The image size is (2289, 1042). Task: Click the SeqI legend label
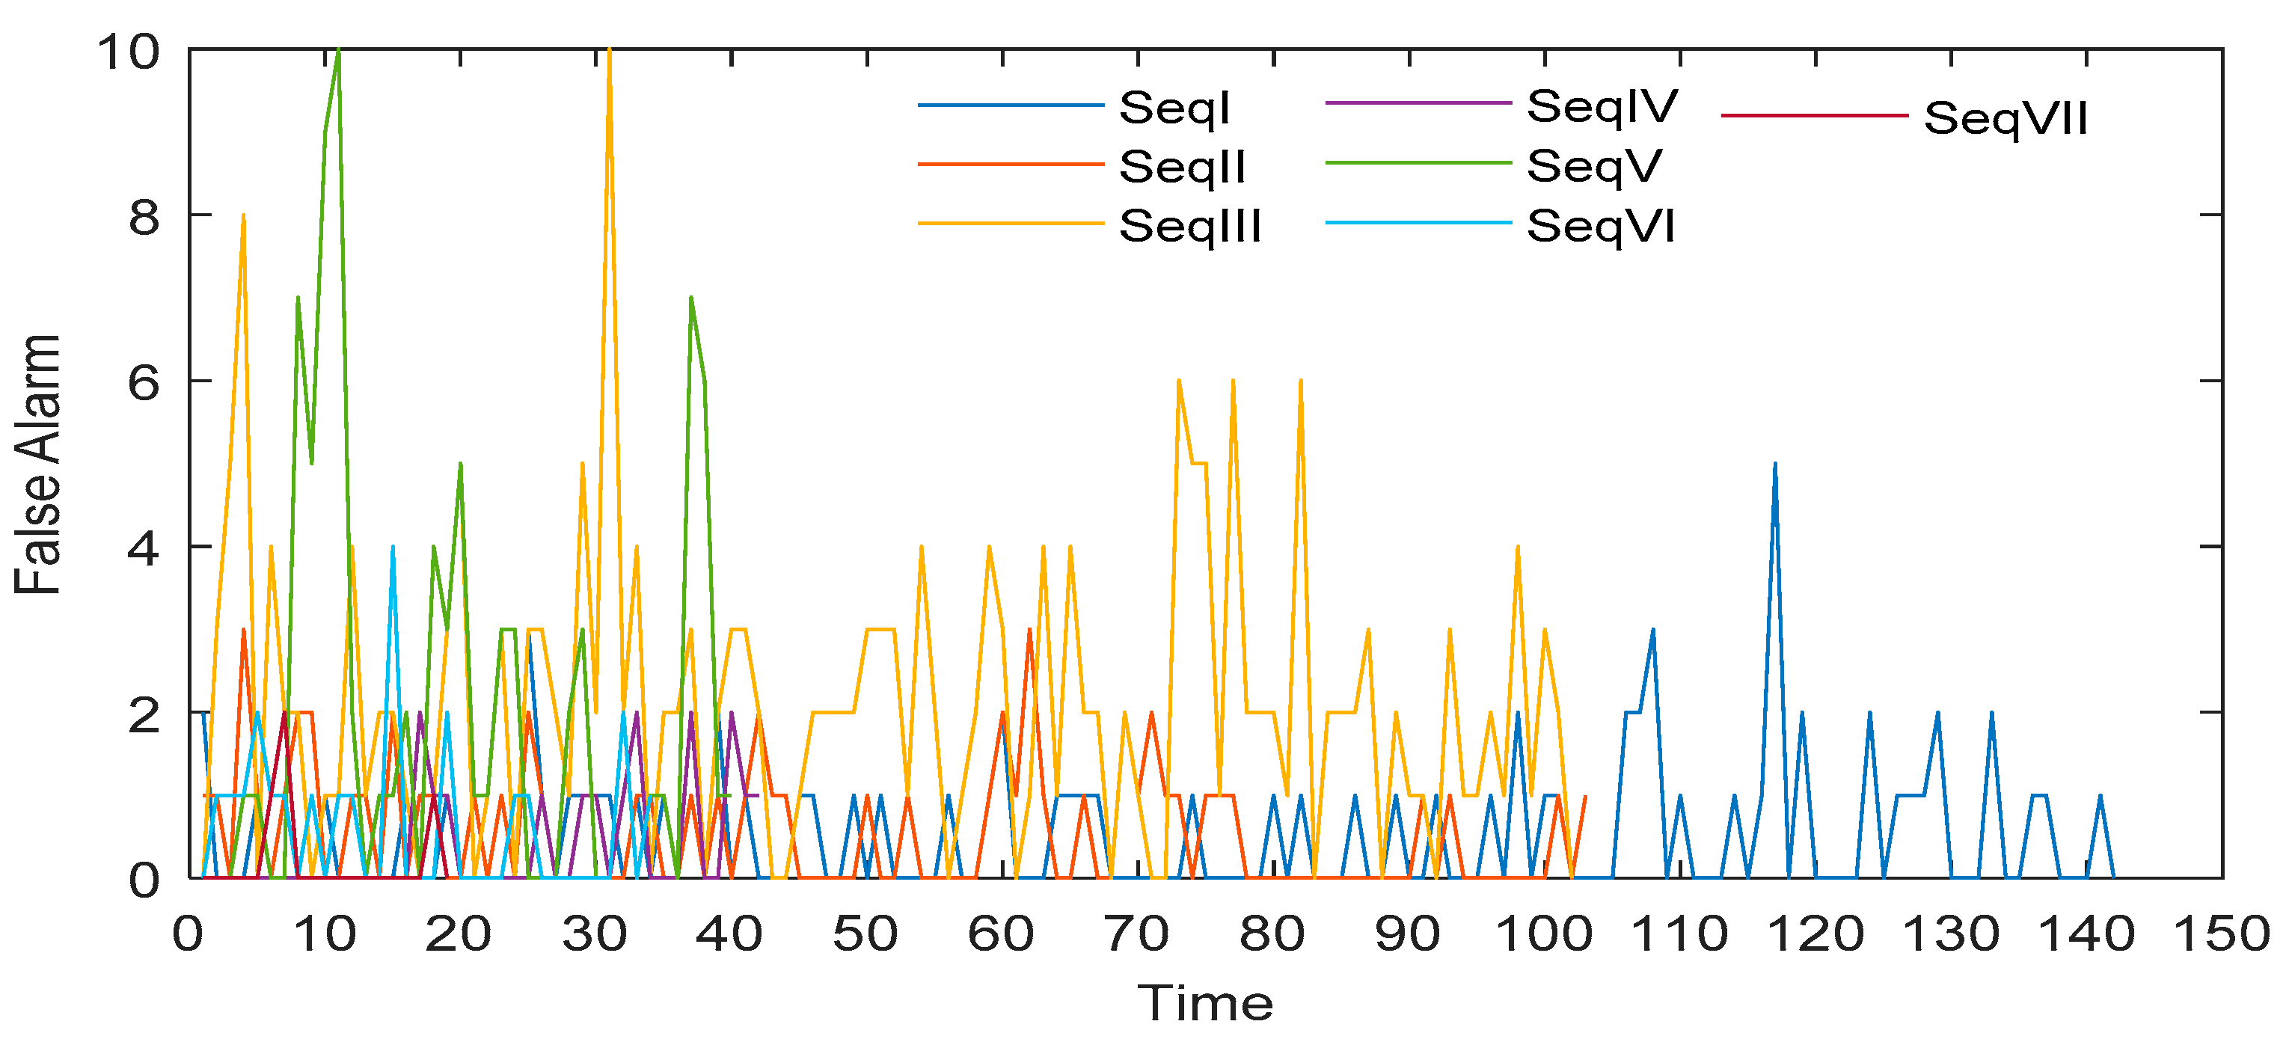click(1174, 108)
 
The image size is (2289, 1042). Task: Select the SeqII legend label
click(1182, 167)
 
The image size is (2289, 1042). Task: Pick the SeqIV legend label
click(1602, 107)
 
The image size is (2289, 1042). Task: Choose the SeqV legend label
click(1594, 167)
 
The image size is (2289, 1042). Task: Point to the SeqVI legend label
click(1600, 226)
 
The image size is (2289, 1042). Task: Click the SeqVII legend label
click(2005, 118)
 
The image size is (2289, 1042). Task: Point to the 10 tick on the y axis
click(129, 51)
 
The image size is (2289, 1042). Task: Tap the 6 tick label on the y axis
click(144, 382)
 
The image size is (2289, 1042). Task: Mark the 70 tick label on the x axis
click(1137, 934)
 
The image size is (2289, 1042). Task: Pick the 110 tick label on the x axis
click(1679, 934)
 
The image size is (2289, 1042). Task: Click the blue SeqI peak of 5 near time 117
click(1774, 465)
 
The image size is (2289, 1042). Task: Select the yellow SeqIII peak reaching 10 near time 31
click(609, 52)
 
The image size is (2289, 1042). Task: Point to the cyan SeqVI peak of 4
click(393, 548)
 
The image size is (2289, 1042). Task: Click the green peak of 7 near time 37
click(690, 299)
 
